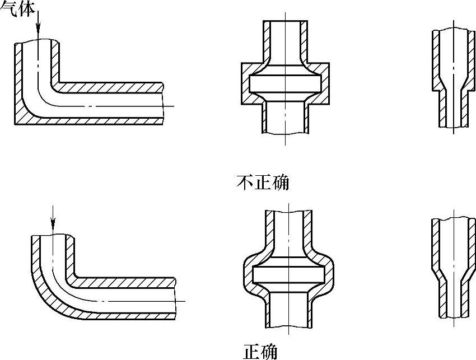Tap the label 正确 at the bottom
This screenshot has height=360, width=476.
click(260, 351)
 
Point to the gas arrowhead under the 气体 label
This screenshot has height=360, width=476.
click(37, 35)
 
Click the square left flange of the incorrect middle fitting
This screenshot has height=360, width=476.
click(245, 83)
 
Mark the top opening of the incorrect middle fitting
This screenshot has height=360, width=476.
click(285, 22)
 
